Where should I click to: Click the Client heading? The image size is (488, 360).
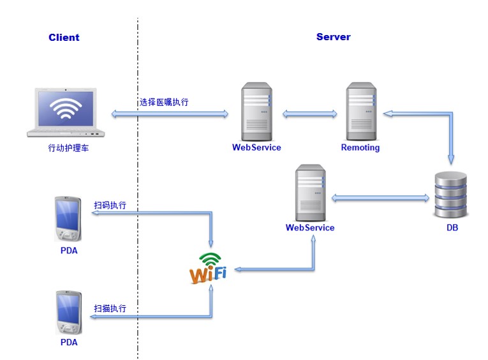click(64, 38)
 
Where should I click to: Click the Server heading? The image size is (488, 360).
click(333, 38)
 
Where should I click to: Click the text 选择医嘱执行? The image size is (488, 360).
click(164, 102)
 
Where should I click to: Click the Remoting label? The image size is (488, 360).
click(360, 148)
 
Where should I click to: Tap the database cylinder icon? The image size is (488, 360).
click(451, 194)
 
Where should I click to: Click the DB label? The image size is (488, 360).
click(452, 228)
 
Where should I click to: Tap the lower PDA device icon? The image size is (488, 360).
click(68, 312)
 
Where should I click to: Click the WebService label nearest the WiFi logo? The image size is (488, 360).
click(310, 228)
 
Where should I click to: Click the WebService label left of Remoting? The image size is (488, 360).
click(256, 148)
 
